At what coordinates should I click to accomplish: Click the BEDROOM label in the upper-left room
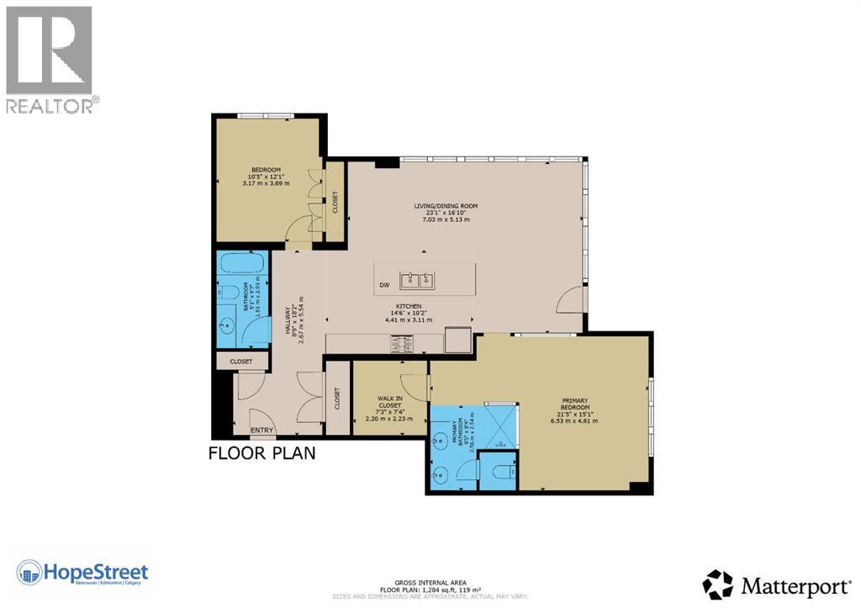[265, 169]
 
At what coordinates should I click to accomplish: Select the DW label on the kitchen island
[384, 285]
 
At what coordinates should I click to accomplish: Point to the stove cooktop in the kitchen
[402, 343]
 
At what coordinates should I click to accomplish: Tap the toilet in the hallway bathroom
[230, 293]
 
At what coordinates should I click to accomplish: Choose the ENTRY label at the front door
[261, 431]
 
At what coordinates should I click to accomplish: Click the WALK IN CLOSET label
[390, 400]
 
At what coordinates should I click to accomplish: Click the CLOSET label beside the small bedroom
[335, 204]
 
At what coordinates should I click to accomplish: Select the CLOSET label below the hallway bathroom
[241, 362]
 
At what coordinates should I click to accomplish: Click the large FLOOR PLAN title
[261, 454]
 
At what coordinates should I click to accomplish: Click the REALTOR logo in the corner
[50, 59]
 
